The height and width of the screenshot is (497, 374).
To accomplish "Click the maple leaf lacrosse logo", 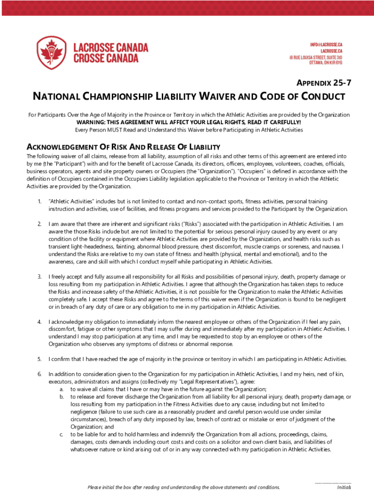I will [x=51, y=52].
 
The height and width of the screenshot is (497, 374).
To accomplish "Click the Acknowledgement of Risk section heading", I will [x=124, y=147].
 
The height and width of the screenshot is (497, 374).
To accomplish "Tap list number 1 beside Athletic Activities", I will [x=39, y=201].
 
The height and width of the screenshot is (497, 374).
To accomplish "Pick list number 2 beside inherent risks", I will [x=39, y=224].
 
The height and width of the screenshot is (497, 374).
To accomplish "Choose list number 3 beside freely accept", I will [x=39, y=276].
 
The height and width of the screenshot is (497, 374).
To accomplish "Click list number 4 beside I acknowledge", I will [x=39, y=321].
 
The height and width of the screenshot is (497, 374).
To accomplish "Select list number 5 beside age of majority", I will [x=39, y=359].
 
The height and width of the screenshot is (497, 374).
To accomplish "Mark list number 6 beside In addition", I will [x=39, y=374].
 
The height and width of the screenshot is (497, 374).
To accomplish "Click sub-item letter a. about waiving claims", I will [x=62, y=389].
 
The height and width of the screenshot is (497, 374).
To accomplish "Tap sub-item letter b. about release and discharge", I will [x=62, y=397].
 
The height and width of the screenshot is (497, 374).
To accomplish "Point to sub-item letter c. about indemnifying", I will [x=61, y=434].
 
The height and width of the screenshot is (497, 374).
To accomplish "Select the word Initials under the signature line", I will [x=344, y=488].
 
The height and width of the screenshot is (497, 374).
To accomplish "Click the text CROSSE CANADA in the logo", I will [x=105, y=58].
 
